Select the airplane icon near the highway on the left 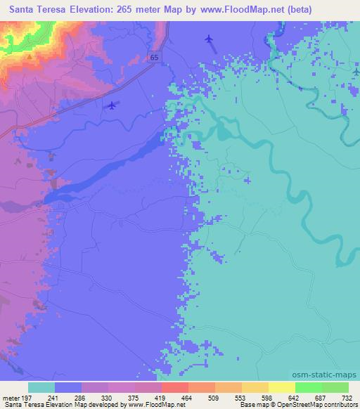112,105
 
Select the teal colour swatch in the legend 41,387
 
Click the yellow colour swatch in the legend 281,387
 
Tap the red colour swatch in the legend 174,387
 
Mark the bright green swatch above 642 308,387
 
